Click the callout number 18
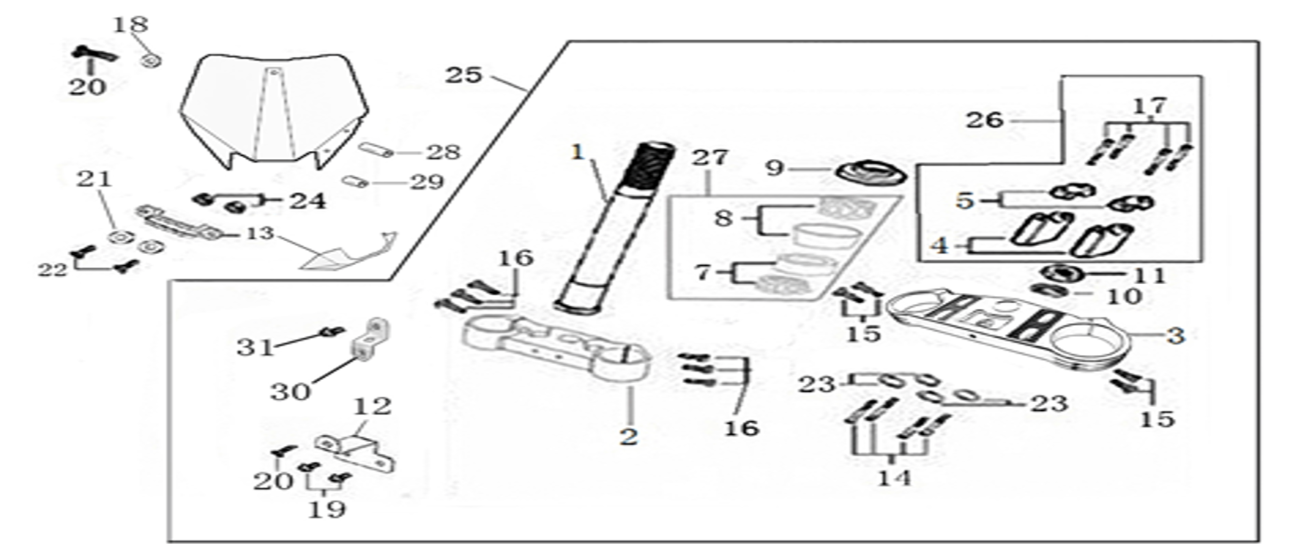coord(130,25)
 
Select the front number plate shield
coord(274,110)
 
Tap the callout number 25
coord(463,75)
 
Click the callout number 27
coord(710,157)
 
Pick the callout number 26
coord(984,120)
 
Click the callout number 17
coord(1149,106)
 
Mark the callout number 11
coord(1149,276)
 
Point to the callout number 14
coord(895,478)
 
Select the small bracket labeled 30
coord(370,339)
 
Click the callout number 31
coord(255,346)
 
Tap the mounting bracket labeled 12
coord(355,450)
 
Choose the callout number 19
coord(326,509)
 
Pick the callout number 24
coord(308,201)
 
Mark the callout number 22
coord(53,270)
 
